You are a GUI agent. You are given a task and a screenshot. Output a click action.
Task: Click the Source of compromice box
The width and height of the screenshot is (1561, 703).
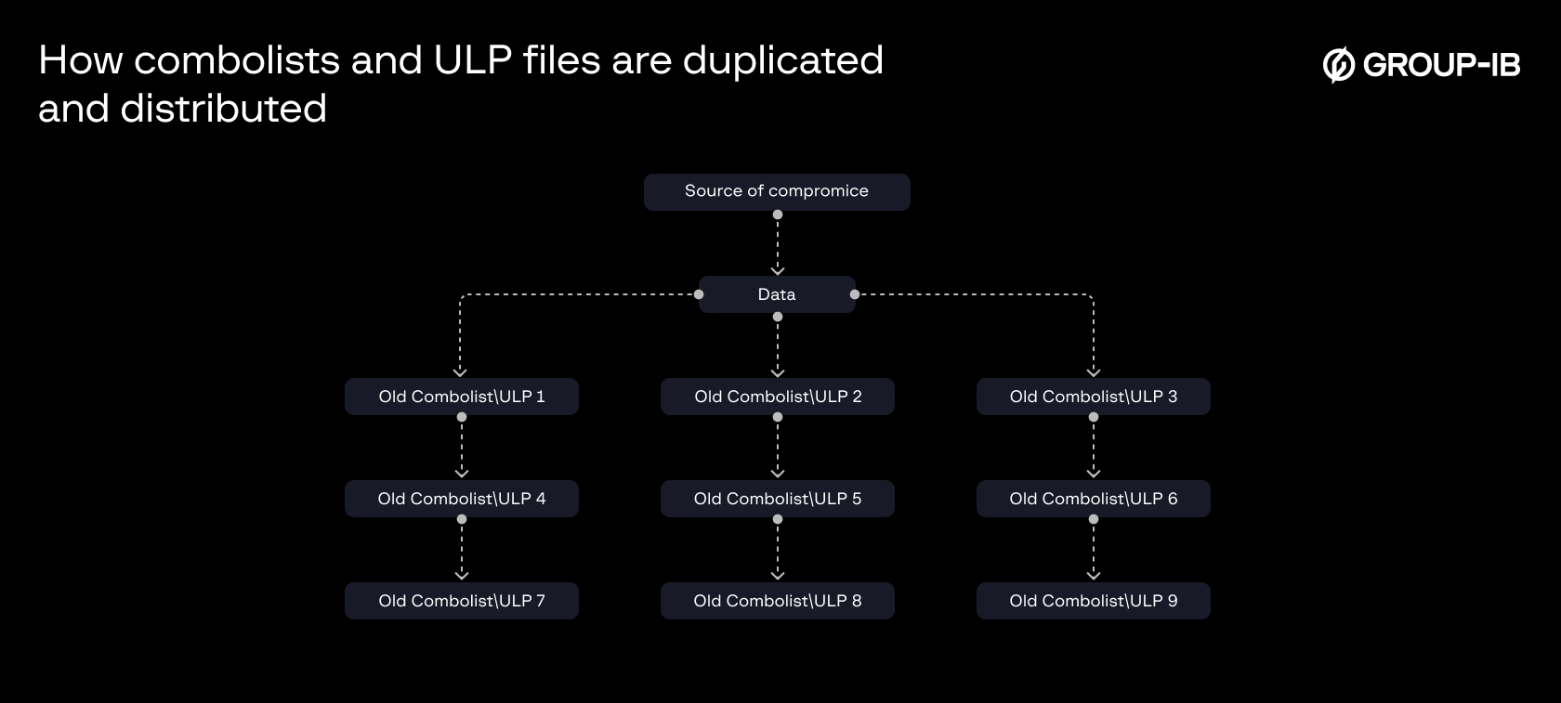point(777,191)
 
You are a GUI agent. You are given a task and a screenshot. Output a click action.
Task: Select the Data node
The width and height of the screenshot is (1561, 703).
point(777,294)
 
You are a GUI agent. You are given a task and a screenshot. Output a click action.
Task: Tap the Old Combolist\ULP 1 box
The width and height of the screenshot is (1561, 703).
point(462,397)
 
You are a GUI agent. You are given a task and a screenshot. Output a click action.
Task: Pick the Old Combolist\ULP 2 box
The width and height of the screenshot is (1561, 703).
point(778,397)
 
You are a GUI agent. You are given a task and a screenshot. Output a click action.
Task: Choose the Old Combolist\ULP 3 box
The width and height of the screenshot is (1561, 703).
point(1093,397)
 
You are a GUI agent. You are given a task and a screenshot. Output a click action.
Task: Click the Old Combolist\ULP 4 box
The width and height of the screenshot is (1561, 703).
point(462,499)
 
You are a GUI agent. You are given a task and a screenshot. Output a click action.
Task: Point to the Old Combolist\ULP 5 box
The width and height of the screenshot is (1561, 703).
point(778,499)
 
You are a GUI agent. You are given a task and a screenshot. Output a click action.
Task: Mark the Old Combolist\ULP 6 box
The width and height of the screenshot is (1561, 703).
point(1093,499)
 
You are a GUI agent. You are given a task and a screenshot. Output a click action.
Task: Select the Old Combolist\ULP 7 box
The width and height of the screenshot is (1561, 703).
point(462,601)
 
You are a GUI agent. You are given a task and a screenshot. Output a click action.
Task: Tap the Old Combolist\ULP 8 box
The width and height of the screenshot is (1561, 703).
point(778,601)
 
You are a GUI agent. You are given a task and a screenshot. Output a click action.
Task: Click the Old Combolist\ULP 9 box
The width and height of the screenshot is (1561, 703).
point(1093,601)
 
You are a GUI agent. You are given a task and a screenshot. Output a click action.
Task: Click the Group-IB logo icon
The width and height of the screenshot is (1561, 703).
point(1338,65)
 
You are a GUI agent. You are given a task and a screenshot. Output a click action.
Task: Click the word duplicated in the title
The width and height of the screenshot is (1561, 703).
point(782,61)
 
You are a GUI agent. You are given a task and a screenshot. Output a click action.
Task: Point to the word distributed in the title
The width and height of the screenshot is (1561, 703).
point(223,110)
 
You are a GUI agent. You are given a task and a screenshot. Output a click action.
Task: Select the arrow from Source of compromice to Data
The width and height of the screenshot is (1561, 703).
point(778,246)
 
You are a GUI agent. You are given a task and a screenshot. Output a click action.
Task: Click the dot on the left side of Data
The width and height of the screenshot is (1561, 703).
point(699,294)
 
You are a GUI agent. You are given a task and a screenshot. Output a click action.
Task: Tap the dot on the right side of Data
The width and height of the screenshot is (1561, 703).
point(855,294)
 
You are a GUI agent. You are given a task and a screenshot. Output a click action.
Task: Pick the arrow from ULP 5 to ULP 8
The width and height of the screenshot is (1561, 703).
point(778,550)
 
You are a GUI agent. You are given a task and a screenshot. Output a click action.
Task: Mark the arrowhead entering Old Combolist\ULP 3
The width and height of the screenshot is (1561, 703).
point(1094,371)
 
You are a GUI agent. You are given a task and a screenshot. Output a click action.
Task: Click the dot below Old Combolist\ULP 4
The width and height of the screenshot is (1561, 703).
point(462,519)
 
